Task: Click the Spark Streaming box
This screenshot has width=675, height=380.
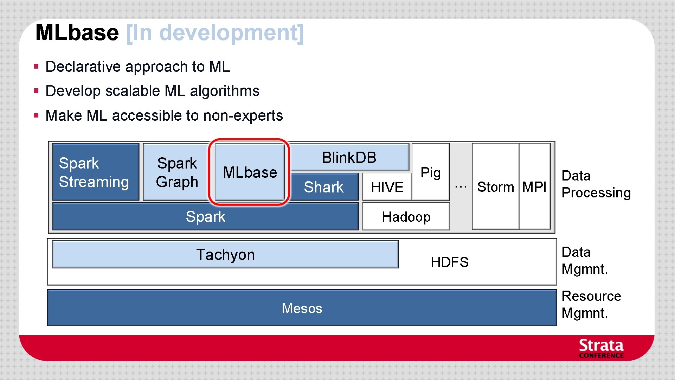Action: pyautogui.click(x=95, y=172)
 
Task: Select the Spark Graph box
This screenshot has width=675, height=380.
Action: pyautogui.click(x=176, y=172)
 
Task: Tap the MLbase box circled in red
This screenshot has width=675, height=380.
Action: pyautogui.click(x=250, y=172)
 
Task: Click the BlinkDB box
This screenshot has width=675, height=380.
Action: pyautogui.click(x=349, y=157)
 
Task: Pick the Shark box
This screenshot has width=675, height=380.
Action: pyautogui.click(x=323, y=187)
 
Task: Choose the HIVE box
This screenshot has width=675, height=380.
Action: pyautogui.click(x=387, y=187)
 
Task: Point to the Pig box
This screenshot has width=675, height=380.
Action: pyautogui.click(x=431, y=172)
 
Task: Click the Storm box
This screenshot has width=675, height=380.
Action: pyautogui.click(x=495, y=186)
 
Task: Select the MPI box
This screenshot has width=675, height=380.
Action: pyautogui.click(x=534, y=186)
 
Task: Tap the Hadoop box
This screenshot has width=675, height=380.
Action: pyautogui.click(x=406, y=216)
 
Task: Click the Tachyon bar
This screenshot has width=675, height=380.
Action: pyautogui.click(x=225, y=254)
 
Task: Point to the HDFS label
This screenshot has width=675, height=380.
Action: pyautogui.click(x=449, y=262)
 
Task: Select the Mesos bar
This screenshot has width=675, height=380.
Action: pyautogui.click(x=302, y=308)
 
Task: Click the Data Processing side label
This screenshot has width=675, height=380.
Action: pyautogui.click(x=596, y=184)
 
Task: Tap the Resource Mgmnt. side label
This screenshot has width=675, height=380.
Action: pyautogui.click(x=591, y=304)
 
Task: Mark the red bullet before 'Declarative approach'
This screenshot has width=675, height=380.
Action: pyautogui.click(x=36, y=66)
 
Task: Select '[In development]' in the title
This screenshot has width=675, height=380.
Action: pyautogui.click(x=214, y=33)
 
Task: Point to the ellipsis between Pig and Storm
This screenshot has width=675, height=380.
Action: pyautogui.click(x=461, y=187)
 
